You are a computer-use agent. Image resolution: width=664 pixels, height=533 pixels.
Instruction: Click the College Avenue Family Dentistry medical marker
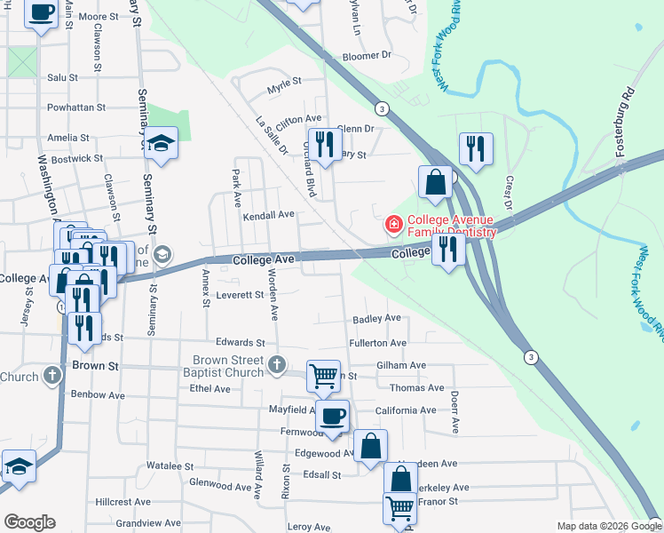point(392,225)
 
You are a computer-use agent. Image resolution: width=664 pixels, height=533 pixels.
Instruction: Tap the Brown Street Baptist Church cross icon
point(277,364)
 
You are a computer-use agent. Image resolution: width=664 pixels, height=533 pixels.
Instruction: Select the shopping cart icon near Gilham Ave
point(323,375)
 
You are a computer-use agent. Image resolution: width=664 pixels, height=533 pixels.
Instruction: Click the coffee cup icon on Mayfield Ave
point(333,415)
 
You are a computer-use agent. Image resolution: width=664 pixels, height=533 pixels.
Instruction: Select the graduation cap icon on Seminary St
point(162,142)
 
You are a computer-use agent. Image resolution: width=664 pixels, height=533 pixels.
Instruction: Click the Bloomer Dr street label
point(367,55)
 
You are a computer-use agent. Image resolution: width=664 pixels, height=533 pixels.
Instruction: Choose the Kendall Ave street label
point(268,215)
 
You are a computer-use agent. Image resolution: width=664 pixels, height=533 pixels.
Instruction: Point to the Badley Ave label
point(376,318)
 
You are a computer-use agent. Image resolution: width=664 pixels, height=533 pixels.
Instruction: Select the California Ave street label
point(406,410)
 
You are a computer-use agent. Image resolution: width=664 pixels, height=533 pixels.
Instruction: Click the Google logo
point(29,522)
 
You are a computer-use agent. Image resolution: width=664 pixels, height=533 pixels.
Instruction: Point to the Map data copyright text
point(599,526)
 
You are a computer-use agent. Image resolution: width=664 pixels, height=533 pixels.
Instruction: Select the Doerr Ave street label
point(454,413)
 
